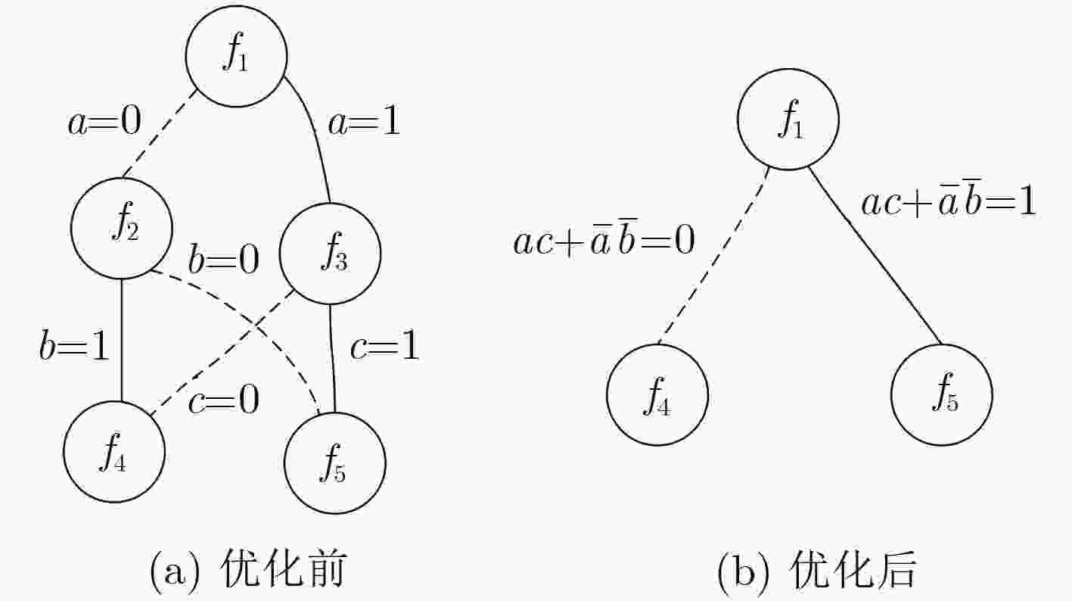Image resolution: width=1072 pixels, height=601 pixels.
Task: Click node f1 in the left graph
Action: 236,56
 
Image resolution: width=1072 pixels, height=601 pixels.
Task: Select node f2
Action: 122,228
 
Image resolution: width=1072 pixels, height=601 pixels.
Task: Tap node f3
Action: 330,254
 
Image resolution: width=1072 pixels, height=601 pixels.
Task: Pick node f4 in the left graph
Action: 114,452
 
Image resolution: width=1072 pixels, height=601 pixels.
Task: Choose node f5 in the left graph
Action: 335,463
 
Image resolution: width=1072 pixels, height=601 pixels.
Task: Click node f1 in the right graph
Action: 788,120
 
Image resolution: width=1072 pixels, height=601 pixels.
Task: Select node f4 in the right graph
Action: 657,395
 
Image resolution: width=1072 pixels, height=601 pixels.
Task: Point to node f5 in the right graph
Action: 942,394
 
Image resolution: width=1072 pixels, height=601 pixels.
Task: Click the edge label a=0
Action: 105,122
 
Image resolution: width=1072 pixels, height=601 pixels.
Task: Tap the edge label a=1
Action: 364,122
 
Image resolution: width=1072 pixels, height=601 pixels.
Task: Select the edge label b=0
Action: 223,260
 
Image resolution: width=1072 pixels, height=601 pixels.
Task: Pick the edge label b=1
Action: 74,346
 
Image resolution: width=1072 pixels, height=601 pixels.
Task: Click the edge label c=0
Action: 224,400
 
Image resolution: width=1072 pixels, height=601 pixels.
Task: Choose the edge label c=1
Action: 385,346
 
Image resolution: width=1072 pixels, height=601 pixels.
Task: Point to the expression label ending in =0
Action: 604,239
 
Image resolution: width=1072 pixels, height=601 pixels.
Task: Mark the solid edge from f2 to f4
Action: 122,340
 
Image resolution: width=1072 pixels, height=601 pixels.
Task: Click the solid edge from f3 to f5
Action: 332,358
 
